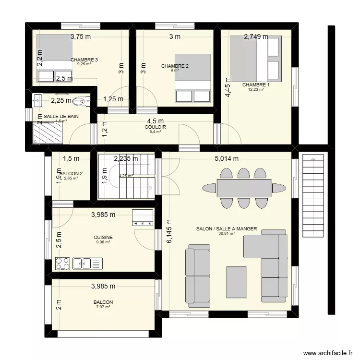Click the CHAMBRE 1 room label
[x=256, y=84]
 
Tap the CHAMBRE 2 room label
[x=175, y=66]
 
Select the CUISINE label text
[x=103, y=237]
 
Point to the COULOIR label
[x=156, y=127]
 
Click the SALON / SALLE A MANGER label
[x=227, y=229]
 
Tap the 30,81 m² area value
[x=227, y=234]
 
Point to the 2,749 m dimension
[x=256, y=36]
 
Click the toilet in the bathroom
[x=83, y=101]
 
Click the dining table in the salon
[x=244, y=188]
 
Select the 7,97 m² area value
[x=103, y=307]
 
